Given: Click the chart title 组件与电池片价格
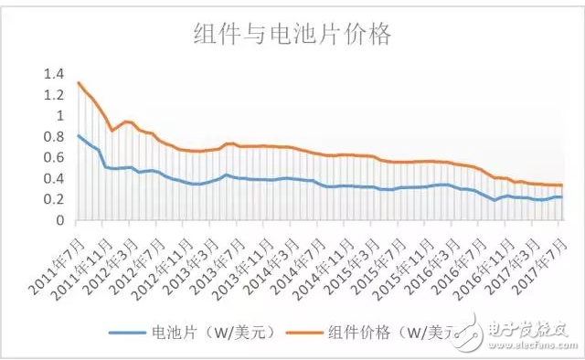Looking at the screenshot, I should click(292, 36).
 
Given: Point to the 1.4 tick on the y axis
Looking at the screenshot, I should click(54, 74).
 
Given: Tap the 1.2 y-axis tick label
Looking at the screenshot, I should click(54, 95).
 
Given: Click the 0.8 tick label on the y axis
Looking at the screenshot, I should click(54, 137).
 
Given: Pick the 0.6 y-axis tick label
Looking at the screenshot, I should click(54, 158).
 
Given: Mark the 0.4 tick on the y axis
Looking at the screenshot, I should click(54, 179).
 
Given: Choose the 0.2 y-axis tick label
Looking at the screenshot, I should click(54, 200).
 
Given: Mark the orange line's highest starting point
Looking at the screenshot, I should click(79, 83).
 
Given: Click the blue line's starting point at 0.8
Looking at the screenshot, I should click(79, 135).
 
